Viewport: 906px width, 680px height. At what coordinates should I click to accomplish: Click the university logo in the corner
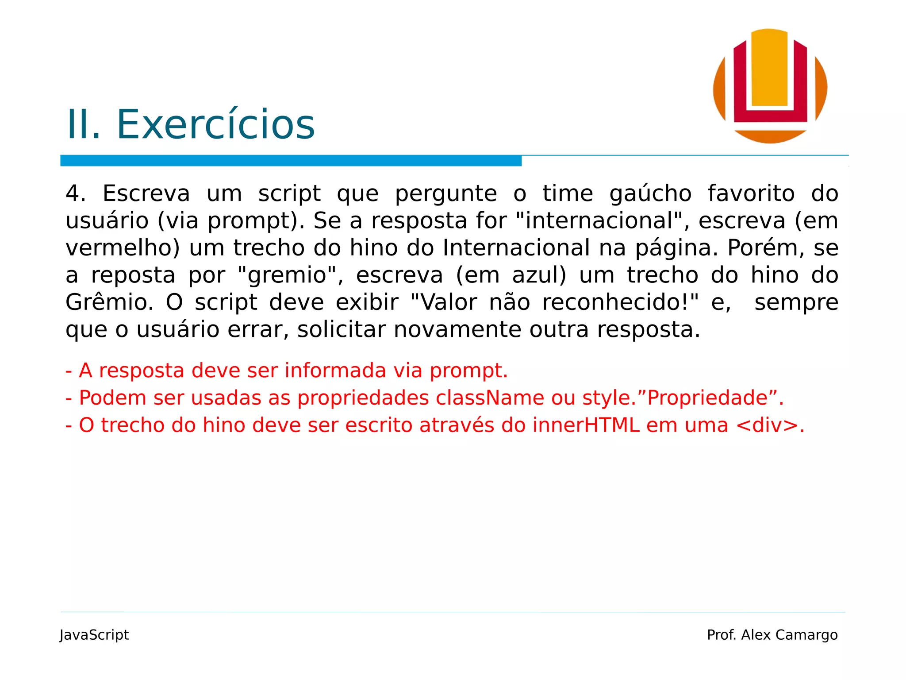click(x=770, y=86)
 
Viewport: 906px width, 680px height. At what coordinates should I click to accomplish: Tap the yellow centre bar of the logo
click(x=769, y=66)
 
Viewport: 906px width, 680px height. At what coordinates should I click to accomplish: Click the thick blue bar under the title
click(x=291, y=161)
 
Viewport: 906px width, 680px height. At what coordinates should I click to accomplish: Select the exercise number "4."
click(x=76, y=193)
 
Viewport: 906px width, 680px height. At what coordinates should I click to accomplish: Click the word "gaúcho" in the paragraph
click(x=650, y=193)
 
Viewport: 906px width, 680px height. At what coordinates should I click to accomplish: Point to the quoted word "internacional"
click(x=599, y=220)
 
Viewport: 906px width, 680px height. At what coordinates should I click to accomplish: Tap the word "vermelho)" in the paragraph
click(x=123, y=248)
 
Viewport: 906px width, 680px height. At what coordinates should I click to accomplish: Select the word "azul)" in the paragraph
click(x=539, y=275)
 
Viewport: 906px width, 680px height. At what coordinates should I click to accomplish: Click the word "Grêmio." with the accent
click(x=110, y=302)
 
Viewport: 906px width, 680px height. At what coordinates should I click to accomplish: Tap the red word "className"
click(x=490, y=398)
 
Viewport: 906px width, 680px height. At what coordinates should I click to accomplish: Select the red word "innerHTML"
click(x=586, y=425)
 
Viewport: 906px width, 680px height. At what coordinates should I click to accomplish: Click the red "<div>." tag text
click(x=770, y=425)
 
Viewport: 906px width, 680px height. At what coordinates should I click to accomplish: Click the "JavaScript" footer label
click(x=94, y=635)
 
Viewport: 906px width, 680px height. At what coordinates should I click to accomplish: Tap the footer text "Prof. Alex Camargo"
click(x=772, y=635)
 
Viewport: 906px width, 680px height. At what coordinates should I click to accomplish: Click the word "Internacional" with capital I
click(x=516, y=248)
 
